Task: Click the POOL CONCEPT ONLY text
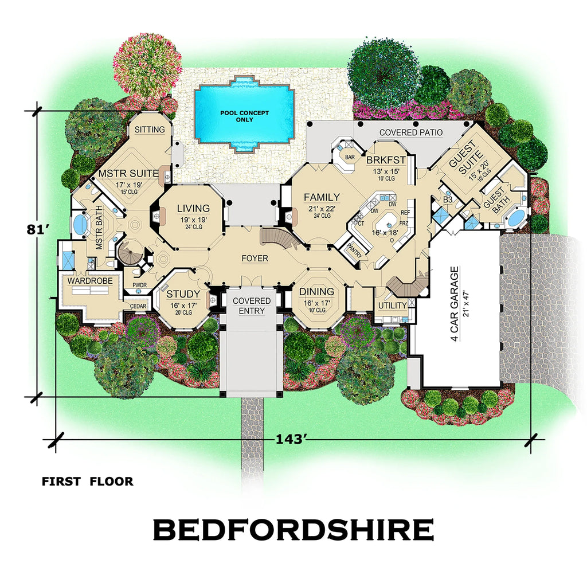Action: [245, 116]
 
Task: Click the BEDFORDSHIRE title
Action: [293, 530]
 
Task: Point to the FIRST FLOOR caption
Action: [87, 482]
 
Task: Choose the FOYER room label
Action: [255, 259]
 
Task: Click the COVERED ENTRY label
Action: [252, 306]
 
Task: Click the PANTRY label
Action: [354, 250]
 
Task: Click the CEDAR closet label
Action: [138, 306]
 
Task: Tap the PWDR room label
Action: [140, 284]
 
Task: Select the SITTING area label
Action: [150, 130]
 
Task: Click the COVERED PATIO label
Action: [411, 132]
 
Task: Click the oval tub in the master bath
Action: [80, 224]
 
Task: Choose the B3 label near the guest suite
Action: [449, 199]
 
